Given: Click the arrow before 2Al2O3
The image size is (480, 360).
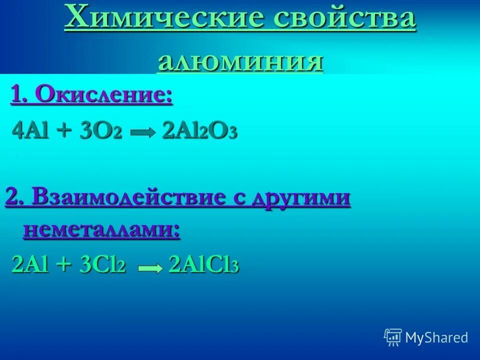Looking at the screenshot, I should [143, 133].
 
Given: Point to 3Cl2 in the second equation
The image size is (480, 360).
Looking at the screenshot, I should [102, 264].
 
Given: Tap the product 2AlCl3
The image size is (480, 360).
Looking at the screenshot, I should [204, 264].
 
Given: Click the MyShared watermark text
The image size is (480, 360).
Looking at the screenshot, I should [436, 337].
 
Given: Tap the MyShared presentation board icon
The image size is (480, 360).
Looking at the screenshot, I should [393, 337].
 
